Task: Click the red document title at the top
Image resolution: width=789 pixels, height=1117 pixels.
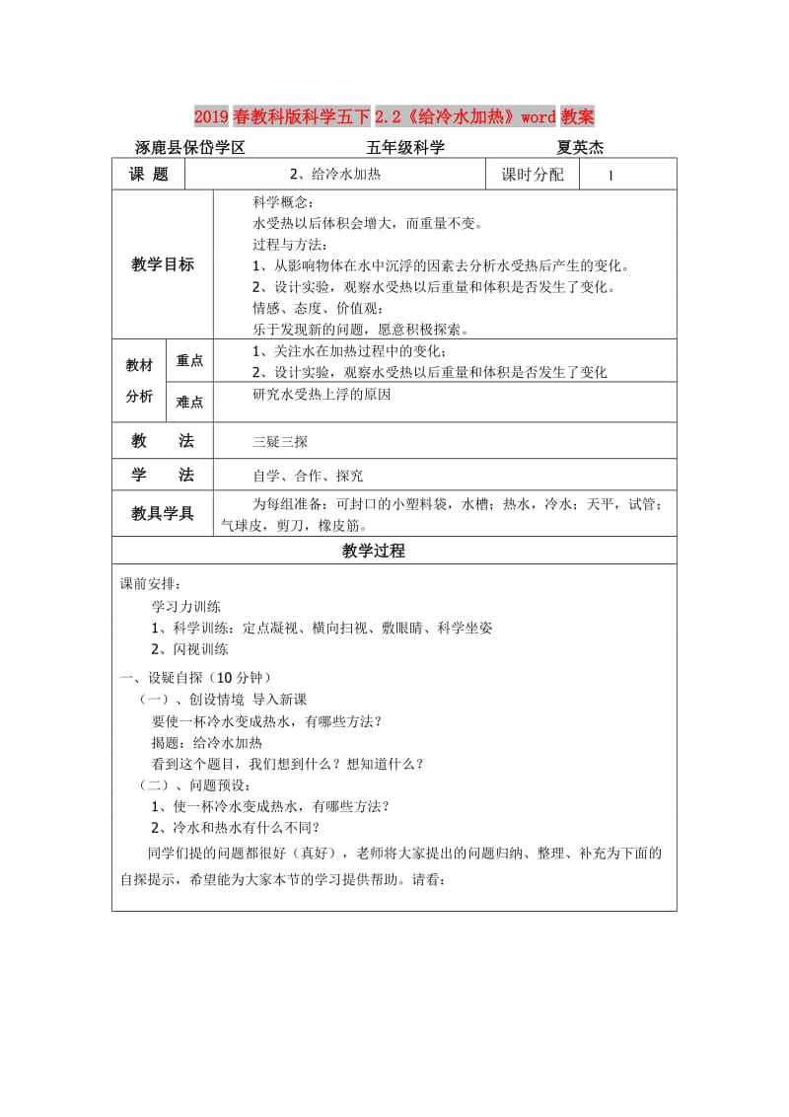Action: coord(394,117)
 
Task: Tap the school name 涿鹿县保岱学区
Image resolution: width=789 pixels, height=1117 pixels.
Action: coord(189,148)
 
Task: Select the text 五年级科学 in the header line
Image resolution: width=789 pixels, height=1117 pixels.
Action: coord(405,148)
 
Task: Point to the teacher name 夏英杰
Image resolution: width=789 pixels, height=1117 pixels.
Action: coord(580,148)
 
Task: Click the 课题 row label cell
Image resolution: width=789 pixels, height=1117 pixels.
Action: coord(149,174)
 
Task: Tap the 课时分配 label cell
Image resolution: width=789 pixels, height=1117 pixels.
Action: coord(533,175)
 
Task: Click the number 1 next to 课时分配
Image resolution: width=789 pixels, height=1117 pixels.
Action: coord(611,176)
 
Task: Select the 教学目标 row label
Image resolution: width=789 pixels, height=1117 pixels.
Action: coord(163,264)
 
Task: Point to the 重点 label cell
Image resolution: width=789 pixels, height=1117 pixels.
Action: coord(189,361)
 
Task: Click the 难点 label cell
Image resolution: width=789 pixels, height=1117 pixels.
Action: coord(189,402)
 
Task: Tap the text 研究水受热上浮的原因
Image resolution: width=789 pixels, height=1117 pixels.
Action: coord(323,394)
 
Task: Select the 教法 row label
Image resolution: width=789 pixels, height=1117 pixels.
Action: coord(163,441)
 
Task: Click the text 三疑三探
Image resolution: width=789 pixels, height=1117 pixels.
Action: coord(281,442)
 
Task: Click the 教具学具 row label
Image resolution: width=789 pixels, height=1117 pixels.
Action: coord(163,514)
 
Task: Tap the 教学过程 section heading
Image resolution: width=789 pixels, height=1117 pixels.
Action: coord(374,552)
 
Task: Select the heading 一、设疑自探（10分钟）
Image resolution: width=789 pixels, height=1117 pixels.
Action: coord(195,677)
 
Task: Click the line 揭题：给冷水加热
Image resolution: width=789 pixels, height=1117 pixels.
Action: coord(207,742)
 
